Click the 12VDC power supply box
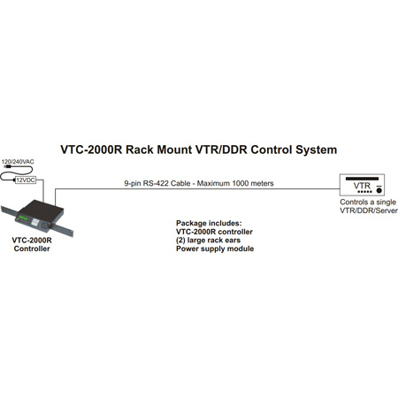pos(26,179)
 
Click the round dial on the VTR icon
pos(379,189)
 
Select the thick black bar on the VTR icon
pos(365,180)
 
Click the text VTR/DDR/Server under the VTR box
pos(364,212)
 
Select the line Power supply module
pos(215,249)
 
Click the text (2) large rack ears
pos(210,240)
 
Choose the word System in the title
pos(312,150)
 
